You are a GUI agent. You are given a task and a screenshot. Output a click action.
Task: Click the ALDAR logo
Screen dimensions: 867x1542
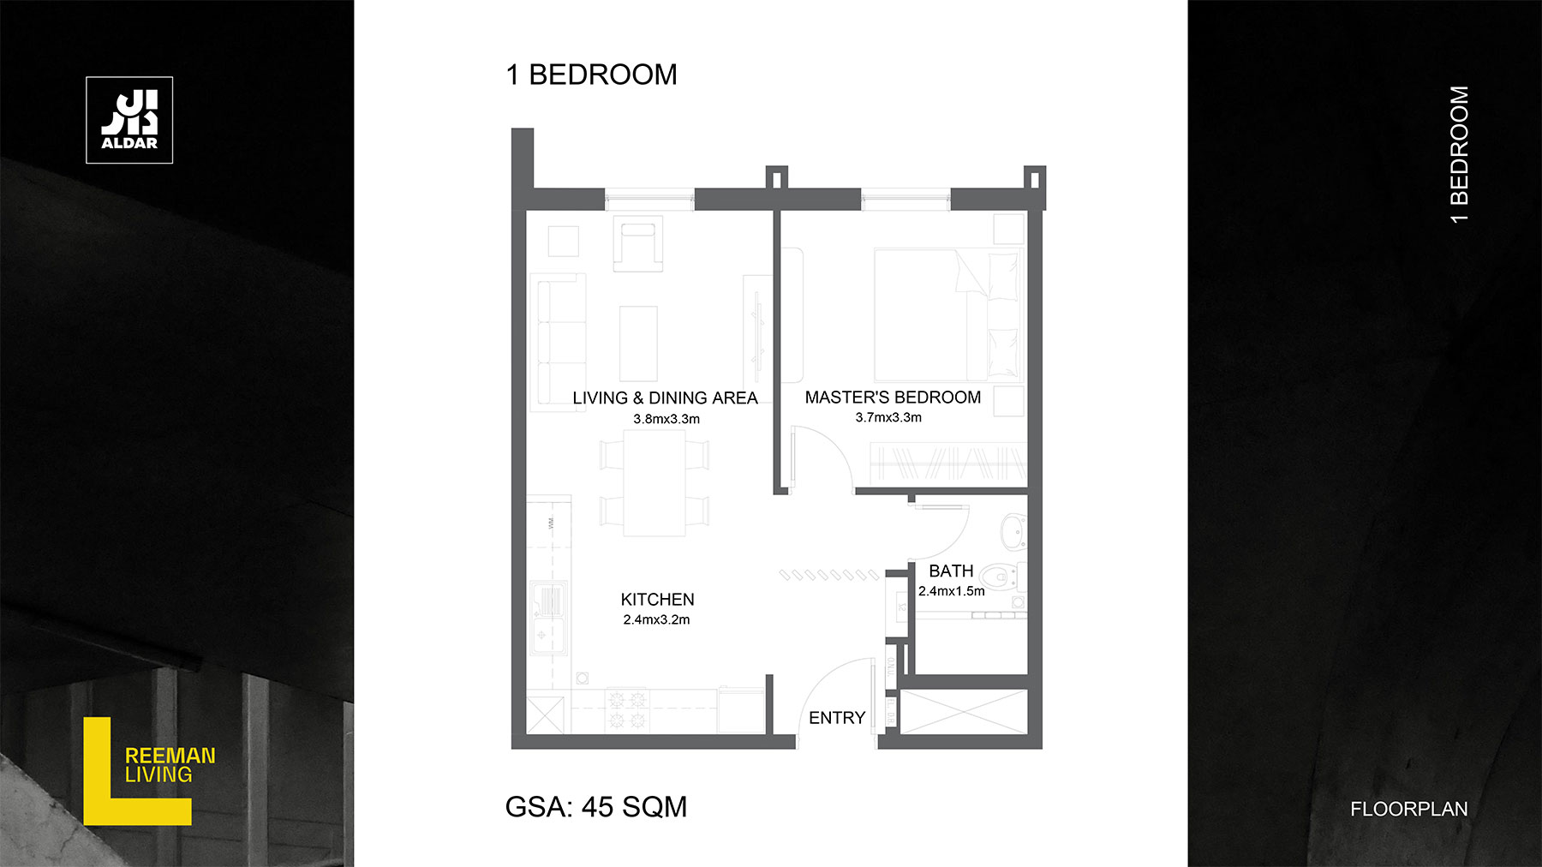(x=129, y=120)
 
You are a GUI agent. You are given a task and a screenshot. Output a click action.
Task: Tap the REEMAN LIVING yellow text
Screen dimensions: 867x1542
(x=170, y=765)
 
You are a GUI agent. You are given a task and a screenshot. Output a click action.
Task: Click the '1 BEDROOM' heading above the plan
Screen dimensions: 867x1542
(x=591, y=75)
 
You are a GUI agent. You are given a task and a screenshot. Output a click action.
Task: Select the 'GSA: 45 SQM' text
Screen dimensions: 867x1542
(x=596, y=807)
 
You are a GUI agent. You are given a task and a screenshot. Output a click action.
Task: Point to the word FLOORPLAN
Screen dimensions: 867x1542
(x=1408, y=809)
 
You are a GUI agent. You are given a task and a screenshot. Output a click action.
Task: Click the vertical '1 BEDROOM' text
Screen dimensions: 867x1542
(x=1459, y=155)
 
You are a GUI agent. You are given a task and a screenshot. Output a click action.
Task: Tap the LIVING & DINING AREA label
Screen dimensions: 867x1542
(x=665, y=398)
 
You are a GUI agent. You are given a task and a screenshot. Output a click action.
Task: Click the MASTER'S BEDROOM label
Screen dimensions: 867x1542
(x=893, y=398)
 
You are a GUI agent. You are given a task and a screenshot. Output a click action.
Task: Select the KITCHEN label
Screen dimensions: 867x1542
(x=657, y=600)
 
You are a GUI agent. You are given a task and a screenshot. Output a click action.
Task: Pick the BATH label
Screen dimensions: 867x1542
(x=951, y=571)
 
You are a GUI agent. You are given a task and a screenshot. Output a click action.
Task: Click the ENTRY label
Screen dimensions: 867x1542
(x=837, y=718)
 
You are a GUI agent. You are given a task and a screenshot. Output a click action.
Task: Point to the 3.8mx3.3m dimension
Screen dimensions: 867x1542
(x=666, y=419)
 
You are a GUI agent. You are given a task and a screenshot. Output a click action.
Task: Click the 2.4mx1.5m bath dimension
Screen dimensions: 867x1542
(x=952, y=591)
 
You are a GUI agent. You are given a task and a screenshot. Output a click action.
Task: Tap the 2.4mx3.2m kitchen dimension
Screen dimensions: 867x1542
(x=656, y=619)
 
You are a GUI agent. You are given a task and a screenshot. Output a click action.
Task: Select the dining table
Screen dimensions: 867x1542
(x=654, y=482)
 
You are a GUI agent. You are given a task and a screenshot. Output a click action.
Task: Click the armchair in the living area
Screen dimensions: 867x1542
(x=638, y=243)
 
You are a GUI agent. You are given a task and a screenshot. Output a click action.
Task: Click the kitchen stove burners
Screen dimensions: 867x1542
(x=626, y=710)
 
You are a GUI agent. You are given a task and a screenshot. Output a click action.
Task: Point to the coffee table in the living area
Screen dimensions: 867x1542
(x=638, y=343)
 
